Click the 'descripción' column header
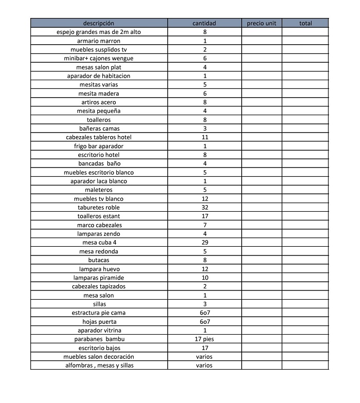[99, 23]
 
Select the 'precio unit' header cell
[261, 23]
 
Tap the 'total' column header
[305, 23]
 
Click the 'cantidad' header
[204, 23]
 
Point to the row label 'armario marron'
[99, 41]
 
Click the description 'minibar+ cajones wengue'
[99, 58]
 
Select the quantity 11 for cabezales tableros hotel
[204, 137]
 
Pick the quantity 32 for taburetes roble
[204, 207]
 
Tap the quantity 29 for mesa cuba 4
[204, 243]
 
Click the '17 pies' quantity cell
[204, 339]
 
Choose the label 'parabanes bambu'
[99, 339]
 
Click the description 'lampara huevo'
[99, 269]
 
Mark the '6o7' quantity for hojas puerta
[204, 321]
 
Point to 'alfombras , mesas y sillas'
[99, 365]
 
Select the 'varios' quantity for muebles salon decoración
[204, 357]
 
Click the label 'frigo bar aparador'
[99, 146]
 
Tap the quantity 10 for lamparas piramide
[204, 278]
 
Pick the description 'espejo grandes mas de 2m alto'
[99, 32]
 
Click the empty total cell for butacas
[305, 260]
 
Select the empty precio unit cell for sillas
[261, 304]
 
